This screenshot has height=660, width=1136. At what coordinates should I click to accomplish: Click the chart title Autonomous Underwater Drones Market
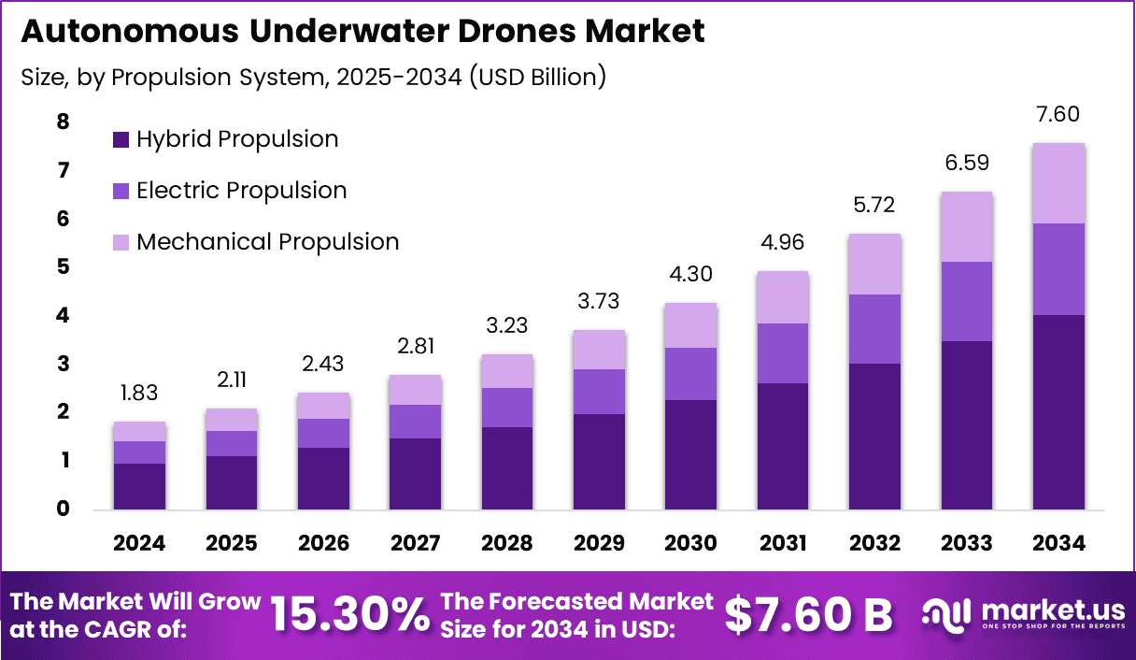(362, 31)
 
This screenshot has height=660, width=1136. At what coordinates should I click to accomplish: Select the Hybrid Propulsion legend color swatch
(121, 140)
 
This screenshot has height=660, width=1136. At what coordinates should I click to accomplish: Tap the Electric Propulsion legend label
(241, 191)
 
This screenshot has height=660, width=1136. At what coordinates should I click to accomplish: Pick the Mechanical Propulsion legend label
(267, 242)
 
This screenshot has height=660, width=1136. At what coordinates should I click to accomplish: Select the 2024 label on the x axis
(139, 543)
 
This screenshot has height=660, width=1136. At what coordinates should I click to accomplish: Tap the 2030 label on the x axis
(691, 543)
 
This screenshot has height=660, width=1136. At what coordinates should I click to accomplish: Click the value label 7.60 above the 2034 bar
(1058, 115)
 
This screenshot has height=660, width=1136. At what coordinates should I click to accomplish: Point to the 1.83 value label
(139, 394)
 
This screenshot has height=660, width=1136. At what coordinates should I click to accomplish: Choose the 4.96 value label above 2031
(783, 244)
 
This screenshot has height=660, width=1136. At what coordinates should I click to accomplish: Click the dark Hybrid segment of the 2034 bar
(1058, 411)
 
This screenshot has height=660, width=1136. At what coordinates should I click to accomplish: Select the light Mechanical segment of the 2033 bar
(967, 227)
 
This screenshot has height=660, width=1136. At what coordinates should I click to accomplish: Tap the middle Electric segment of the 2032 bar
(874, 329)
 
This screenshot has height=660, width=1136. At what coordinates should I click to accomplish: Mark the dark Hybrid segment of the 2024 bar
(139, 486)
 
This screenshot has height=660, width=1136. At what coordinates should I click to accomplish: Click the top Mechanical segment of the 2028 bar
(507, 371)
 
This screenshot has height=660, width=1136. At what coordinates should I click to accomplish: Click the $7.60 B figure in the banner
(808, 614)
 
